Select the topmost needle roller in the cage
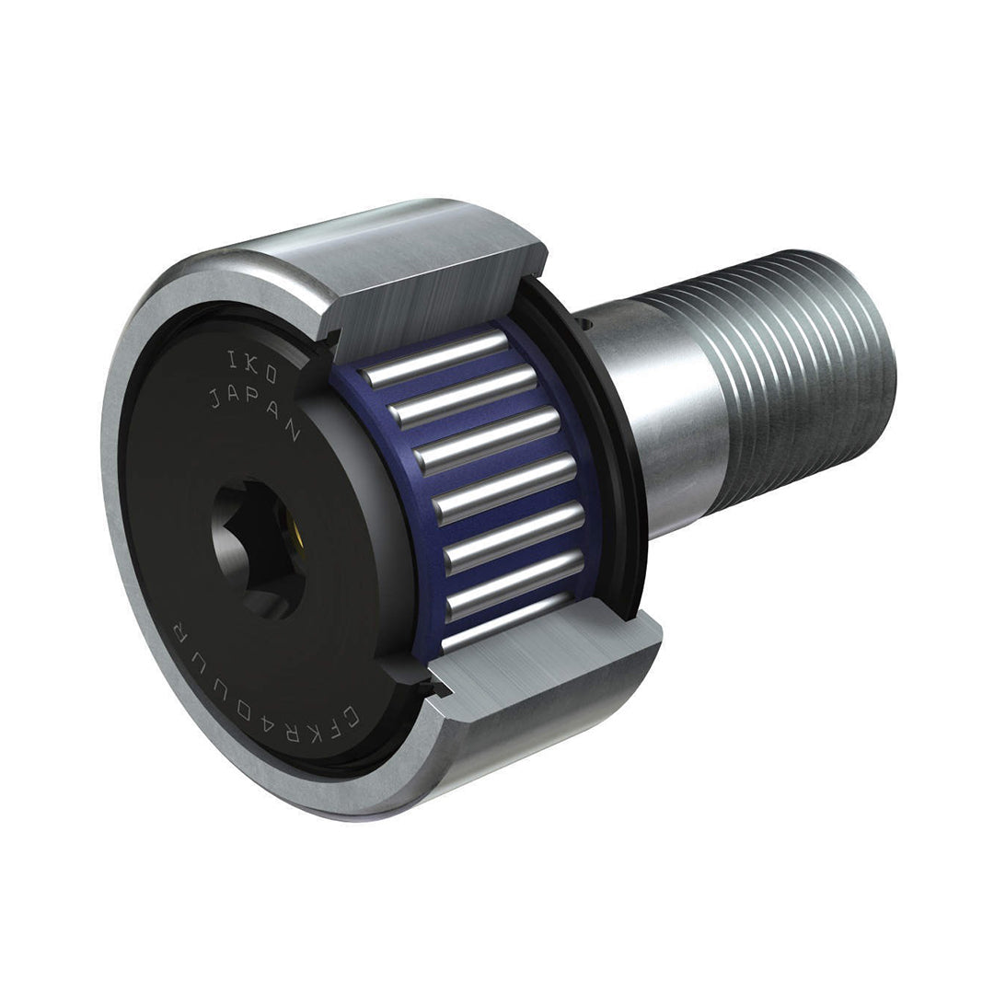coord(437,359)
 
